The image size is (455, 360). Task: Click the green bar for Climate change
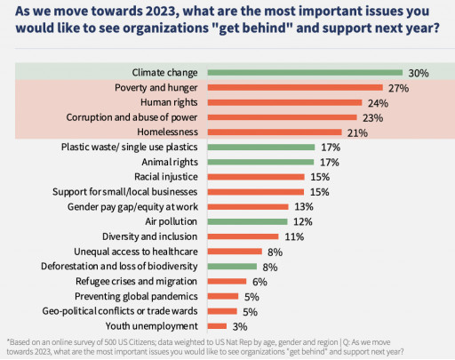303,73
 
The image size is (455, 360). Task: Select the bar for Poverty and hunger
294,88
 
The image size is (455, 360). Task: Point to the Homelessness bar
275,132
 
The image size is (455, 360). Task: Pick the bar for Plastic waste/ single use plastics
261,148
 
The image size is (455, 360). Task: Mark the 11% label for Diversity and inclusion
293,236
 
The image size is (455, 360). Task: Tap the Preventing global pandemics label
142,296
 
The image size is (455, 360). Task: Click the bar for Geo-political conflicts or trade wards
223,311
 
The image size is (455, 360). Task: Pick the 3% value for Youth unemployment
239,326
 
